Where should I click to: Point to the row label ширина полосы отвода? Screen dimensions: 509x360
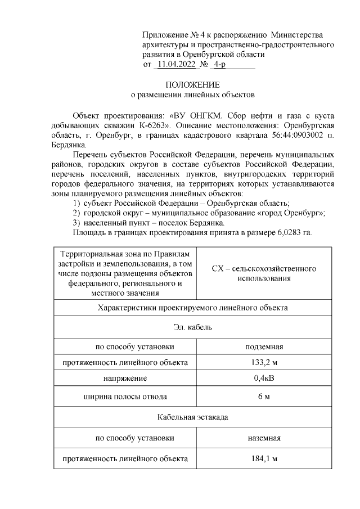(x=125, y=398)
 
